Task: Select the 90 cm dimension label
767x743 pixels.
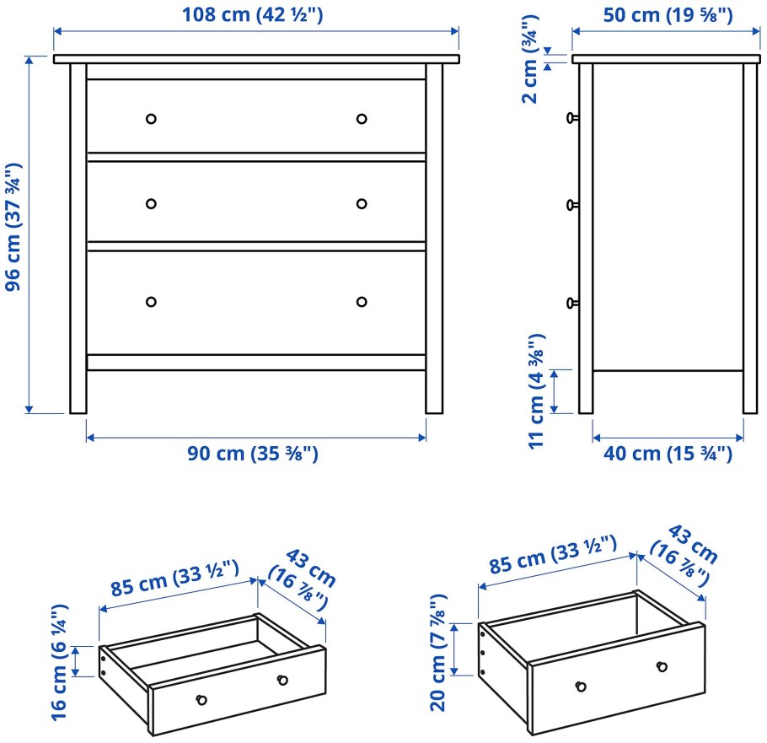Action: [252, 454]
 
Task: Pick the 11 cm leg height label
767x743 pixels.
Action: [536, 392]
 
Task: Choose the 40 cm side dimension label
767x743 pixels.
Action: [668, 454]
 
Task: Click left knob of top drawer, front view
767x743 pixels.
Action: [151, 119]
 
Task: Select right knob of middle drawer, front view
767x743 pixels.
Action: [362, 203]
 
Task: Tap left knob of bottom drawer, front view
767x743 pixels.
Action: [151, 302]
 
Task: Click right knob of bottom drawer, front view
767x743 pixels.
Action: [362, 302]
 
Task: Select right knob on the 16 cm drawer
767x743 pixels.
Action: [282, 680]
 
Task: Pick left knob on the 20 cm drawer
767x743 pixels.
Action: [581, 687]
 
